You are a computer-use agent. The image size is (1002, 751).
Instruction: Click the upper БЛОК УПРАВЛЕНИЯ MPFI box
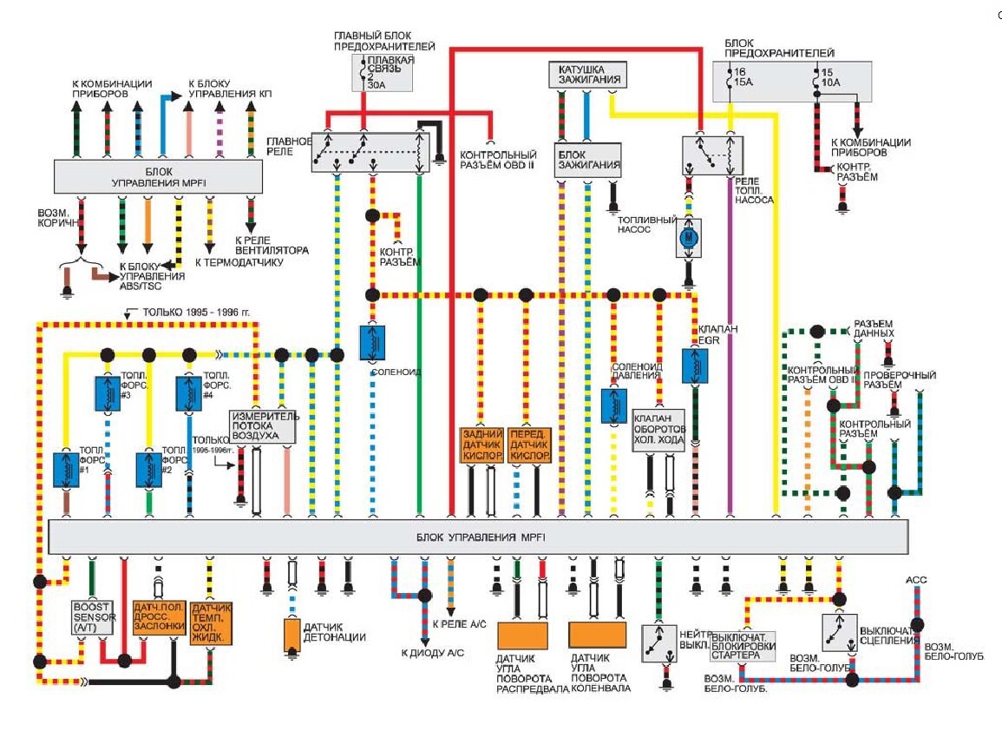[x=158, y=176]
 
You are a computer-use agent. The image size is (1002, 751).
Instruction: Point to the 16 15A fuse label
[x=743, y=77]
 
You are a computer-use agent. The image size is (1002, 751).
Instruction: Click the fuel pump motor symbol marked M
[x=688, y=237]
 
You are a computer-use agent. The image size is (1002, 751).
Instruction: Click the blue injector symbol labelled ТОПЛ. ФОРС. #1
[x=66, y=469]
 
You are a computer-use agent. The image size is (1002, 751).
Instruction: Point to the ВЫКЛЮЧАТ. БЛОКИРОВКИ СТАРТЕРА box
[x=743, y=646]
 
